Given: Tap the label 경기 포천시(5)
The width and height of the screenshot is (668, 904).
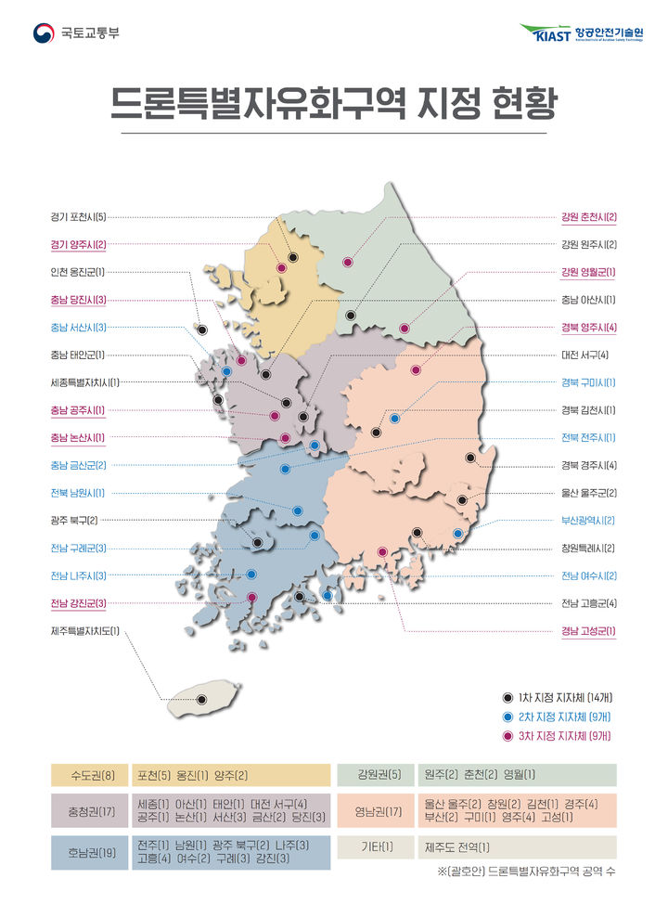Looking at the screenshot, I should point(79,217).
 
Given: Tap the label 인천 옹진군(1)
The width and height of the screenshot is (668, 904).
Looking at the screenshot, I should point(79,272).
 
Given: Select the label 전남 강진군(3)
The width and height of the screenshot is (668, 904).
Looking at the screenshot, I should point(79,603).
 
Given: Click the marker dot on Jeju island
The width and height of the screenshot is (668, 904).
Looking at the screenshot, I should point(201,700).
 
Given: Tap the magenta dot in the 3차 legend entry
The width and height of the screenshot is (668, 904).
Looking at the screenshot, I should point(507,735).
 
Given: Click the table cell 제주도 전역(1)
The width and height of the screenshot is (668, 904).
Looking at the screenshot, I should point(457,847).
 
